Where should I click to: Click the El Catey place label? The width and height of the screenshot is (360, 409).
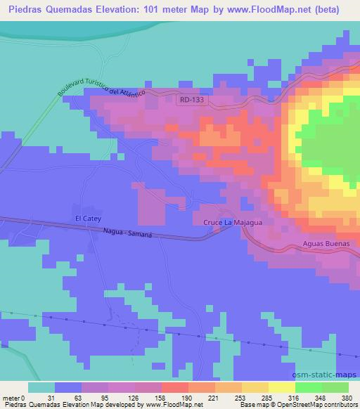pos(89,219)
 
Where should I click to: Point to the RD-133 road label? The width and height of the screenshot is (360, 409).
pos(191,100)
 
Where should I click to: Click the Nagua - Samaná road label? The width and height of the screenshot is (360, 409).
pos(127,233)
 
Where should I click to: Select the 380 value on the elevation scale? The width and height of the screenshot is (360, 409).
pos(346,398)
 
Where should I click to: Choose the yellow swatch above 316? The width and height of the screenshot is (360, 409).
pos(282,388)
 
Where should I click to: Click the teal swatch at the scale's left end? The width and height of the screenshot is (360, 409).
pos(41,388)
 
